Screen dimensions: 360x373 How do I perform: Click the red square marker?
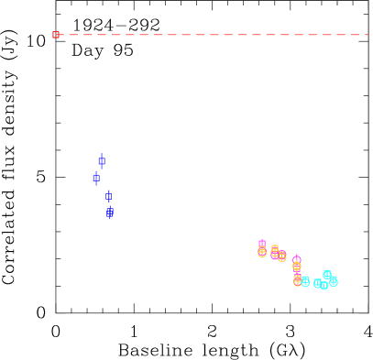tap(56, 35)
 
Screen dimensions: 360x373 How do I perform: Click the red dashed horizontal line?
tap(211, 35)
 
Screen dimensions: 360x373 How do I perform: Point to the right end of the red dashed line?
tap(368, 35)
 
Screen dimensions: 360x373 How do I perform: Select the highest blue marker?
tap(102, 160)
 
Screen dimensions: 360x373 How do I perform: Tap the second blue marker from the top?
tap(96, 178)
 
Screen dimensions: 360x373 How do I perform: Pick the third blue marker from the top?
tap(108, 196)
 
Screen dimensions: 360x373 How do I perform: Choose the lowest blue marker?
tap(109, 212)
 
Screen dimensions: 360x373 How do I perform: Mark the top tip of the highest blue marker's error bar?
tap(102, 153)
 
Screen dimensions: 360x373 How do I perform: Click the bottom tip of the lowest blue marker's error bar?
tap(109, 219)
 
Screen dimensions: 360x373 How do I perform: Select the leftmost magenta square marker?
tap(262, 244)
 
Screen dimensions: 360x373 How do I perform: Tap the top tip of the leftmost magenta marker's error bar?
tap(262, 238)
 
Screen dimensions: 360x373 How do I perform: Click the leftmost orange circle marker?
tap(262, 252)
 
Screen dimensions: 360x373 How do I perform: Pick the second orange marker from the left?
tap(275, 249)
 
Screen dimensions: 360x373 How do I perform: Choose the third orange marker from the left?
tap(282, 256)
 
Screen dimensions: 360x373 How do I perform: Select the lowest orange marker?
tap(298, 281)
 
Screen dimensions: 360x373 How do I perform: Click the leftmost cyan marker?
tap(305, 281)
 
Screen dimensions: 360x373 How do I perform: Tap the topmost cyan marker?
tap(327, 275)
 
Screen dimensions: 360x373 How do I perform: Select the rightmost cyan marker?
tap(334, 281)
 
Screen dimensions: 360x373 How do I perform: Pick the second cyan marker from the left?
tap(318, 283)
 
